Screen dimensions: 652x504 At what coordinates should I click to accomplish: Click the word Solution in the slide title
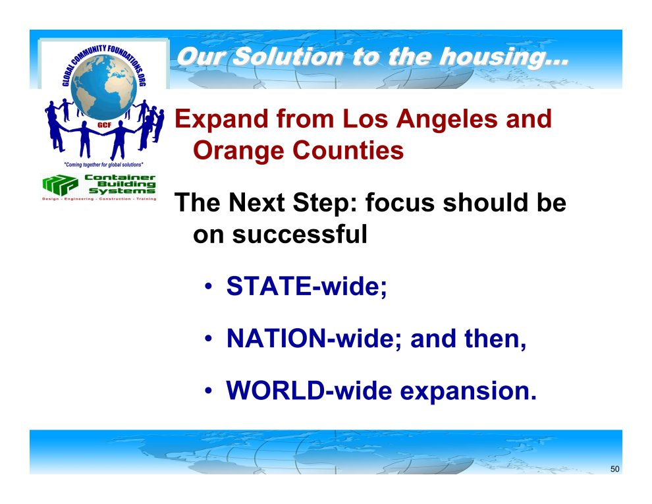288,57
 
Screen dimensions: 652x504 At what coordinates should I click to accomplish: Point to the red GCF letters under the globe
104,125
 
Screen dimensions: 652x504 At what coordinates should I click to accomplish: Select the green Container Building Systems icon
60,184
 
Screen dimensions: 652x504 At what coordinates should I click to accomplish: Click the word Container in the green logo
120,177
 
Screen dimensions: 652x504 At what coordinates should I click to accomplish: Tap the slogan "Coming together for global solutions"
103,165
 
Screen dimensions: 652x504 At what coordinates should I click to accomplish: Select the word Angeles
446,120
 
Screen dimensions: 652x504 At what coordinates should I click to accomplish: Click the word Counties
348,150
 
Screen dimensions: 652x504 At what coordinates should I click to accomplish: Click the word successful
300,234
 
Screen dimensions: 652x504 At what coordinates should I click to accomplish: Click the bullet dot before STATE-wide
208,287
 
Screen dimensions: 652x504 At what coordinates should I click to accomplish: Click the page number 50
615,469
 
